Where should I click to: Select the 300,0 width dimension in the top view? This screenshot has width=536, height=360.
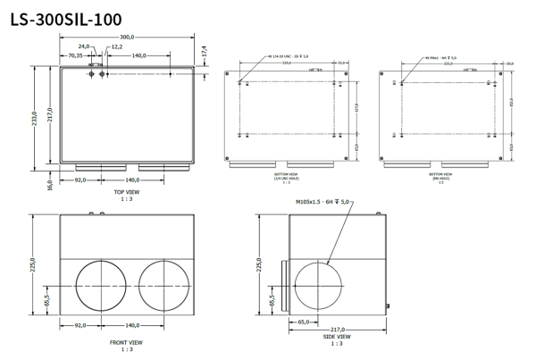tap(127, 37)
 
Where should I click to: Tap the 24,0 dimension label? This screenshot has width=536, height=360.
tap(84, 46)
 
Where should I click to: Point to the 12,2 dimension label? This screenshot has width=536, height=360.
tap(116, 46)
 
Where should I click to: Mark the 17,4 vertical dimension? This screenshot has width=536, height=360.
tap(204, 52)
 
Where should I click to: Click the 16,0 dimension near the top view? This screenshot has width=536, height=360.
tap(50, 185)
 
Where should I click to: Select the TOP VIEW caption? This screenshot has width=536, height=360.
tap(126, 191)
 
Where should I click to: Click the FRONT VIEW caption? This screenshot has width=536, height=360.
tap(126, 341)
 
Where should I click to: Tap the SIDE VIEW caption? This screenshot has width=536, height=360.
tap(337, 336)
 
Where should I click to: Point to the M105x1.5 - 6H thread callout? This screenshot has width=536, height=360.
tap(324, 203)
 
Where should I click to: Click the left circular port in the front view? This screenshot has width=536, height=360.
tap(101, 285)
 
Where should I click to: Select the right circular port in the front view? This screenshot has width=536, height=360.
tap(163, 285)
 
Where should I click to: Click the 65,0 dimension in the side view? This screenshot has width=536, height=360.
tap(304, 321)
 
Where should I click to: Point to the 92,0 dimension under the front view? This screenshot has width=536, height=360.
tap(80, 326)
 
